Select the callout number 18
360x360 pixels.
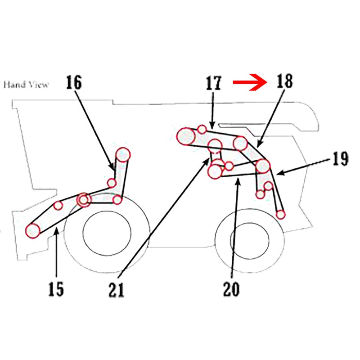(x=284, y=82)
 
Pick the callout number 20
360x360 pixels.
(x=232, y=288)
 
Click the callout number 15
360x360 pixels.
(x=56, y=289)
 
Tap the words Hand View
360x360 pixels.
(x=26, y=84)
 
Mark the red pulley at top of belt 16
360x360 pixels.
(x=123, y=154)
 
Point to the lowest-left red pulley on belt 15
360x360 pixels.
(x=32, y=230)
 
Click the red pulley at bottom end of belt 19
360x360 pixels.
(x=280, y=214)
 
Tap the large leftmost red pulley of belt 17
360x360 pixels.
(x=186, y=136)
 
